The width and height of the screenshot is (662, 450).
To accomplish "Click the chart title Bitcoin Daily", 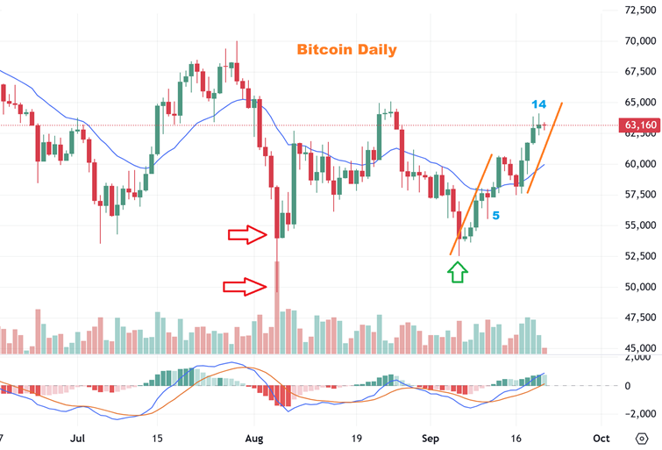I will pos(346,50).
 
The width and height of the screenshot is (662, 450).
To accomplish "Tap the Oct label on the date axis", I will pos(601,437).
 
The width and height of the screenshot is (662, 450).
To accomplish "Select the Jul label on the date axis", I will pos(79,437).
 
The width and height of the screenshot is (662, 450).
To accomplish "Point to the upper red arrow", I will pos(247,234).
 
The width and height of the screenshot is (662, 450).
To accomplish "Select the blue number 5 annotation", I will pos(495,214).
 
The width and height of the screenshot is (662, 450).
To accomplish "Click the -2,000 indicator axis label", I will pos(640,413).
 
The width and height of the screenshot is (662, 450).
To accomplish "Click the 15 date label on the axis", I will pos(157,437).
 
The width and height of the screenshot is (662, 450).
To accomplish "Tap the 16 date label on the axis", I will pos(517,437).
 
